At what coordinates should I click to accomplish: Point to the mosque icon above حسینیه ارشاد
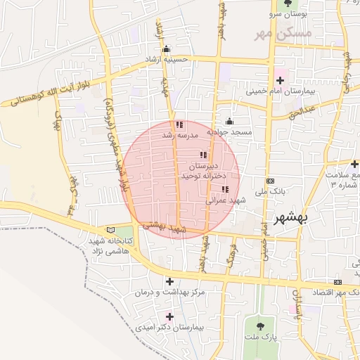click(166, 49)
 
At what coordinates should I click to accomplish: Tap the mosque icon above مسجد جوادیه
click(229, 122)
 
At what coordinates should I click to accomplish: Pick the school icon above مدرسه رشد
click(179, 124)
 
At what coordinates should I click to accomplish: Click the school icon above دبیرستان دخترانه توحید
click(203, 155)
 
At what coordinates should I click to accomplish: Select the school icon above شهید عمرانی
click(225, 189)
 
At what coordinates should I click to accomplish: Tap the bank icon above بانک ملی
click(271, 181)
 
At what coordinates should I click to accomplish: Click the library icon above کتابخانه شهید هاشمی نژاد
click(108, 229)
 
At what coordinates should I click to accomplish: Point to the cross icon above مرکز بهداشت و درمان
click(169, 281)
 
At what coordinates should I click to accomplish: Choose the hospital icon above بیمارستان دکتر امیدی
click(169, 316)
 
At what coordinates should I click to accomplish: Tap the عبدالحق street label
click(303, 111)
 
